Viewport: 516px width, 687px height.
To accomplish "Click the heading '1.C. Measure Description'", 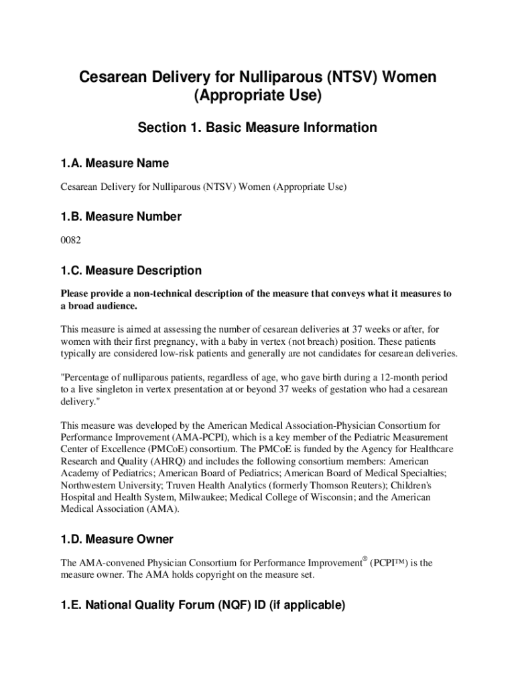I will pyautogui.click(x=131, y=270).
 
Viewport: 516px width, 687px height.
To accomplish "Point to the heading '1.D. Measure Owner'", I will pyautogui.click(x=117, y=539).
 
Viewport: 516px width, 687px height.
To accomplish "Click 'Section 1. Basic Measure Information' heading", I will pyautogui.click(x=257, y=127).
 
